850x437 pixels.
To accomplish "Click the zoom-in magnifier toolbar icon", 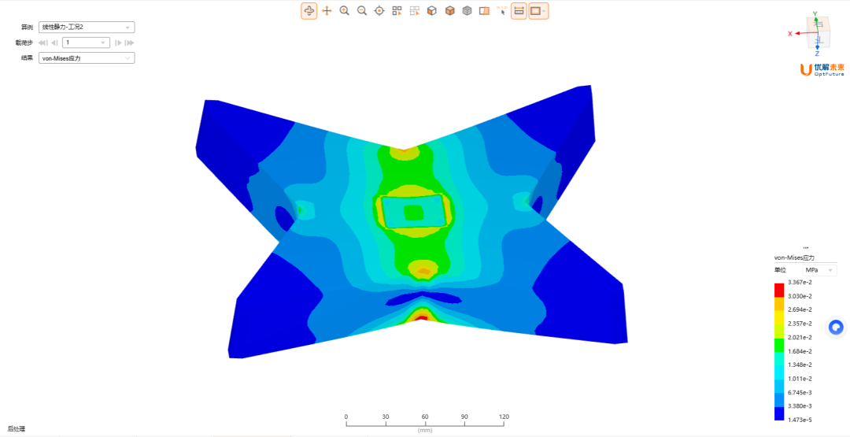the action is [x=344, y=11].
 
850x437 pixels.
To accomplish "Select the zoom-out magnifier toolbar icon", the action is [x=362, y=11].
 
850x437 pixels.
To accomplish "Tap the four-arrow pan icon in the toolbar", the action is [x=327, y=11].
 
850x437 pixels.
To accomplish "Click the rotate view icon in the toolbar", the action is [x=309, y=11].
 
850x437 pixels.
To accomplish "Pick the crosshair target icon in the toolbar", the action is [x=379, y=11].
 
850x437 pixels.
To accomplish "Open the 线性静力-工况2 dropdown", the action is [x=87, y=27].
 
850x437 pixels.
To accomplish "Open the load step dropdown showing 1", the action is [x=87, y=43].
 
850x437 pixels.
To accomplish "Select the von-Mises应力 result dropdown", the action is [x=87, y=58].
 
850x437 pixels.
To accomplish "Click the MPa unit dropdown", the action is [x=819, y=270].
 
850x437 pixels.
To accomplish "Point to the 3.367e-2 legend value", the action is [x=800, y=282].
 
